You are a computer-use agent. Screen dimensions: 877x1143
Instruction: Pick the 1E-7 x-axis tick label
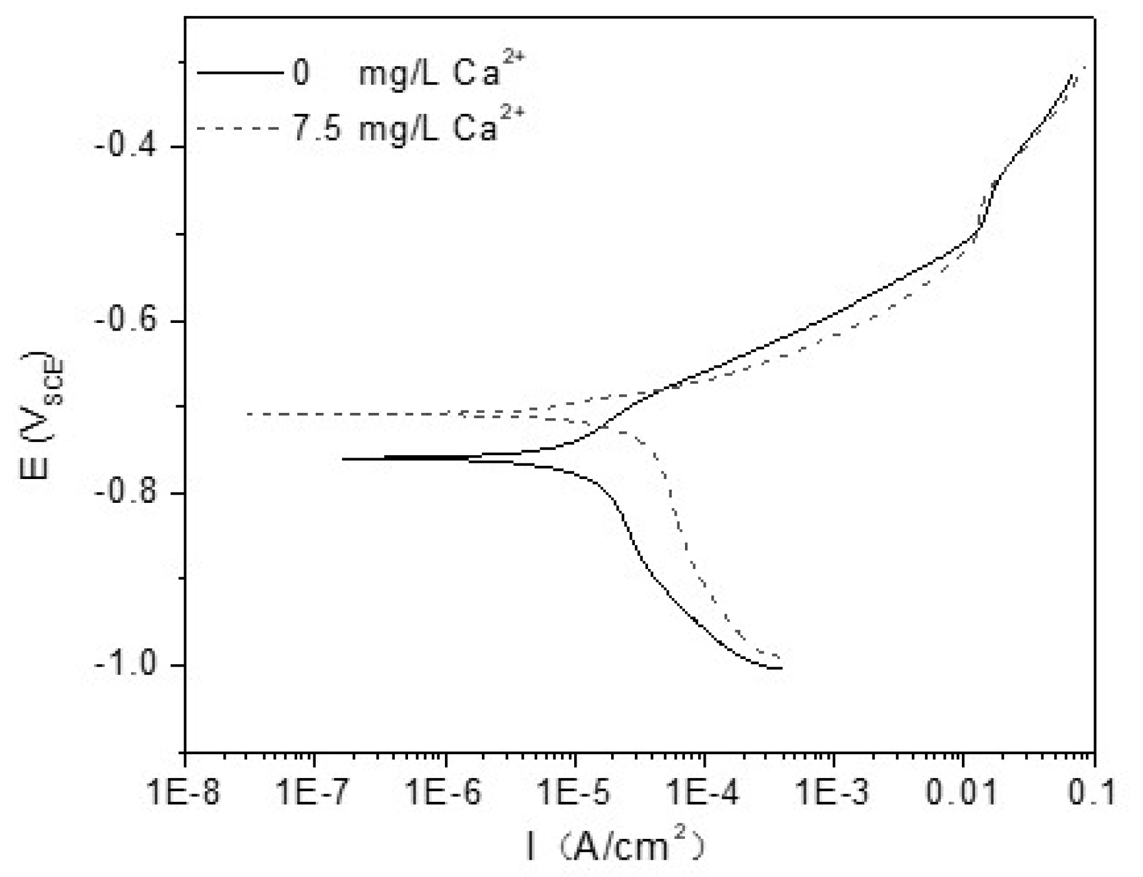pos(314,793)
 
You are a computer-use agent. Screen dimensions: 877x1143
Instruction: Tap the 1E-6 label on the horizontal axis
pos(444,793)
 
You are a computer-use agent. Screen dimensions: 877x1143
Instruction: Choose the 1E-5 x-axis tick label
pos(574,793)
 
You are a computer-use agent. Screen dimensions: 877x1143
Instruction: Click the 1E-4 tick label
pos(704,793)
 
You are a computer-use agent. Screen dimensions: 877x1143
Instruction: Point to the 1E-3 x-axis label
pos(834,793)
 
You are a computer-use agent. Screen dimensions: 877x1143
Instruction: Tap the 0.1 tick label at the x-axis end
pos(1094,793)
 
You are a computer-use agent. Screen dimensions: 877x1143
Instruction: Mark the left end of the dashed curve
pos(248,414)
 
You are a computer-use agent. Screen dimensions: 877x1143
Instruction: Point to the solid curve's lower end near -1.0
pos(780,668)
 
